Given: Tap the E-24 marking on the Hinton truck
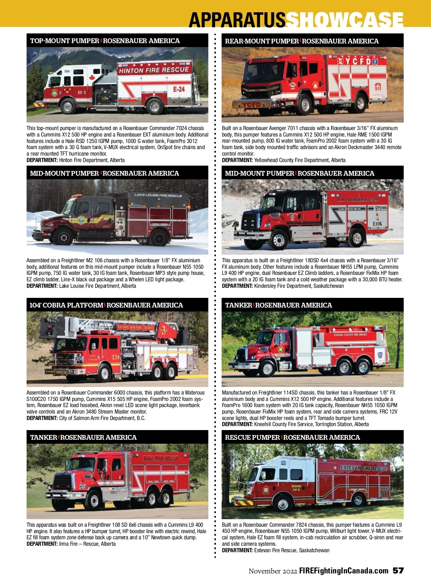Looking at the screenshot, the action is point(179,89).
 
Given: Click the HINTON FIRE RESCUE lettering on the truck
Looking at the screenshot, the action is point(154,70).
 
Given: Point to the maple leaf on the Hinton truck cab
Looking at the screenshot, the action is point(92,78).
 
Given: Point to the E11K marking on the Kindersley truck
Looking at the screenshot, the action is point(377,224).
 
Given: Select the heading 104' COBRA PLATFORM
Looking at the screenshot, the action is point(66,305).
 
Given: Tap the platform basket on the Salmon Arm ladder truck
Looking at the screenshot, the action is point(52,327).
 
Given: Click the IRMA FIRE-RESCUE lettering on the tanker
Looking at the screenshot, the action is point(161,458).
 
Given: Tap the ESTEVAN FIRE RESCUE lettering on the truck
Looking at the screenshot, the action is point(363,468).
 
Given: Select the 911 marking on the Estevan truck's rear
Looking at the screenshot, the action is point(384,494).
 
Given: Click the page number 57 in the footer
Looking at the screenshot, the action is point(398,571).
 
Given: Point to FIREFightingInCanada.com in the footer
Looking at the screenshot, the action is point(344,571).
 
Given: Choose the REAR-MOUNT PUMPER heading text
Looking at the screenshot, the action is point(262,41).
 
